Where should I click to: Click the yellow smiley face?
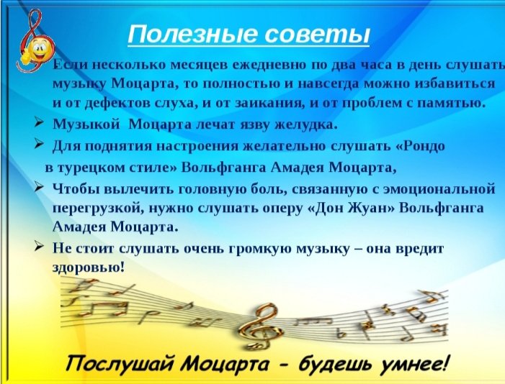coord(37,48)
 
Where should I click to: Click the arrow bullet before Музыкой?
coord(39,122)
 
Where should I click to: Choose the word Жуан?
coord(368,208)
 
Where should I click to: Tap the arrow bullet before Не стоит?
coord(39,247)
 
